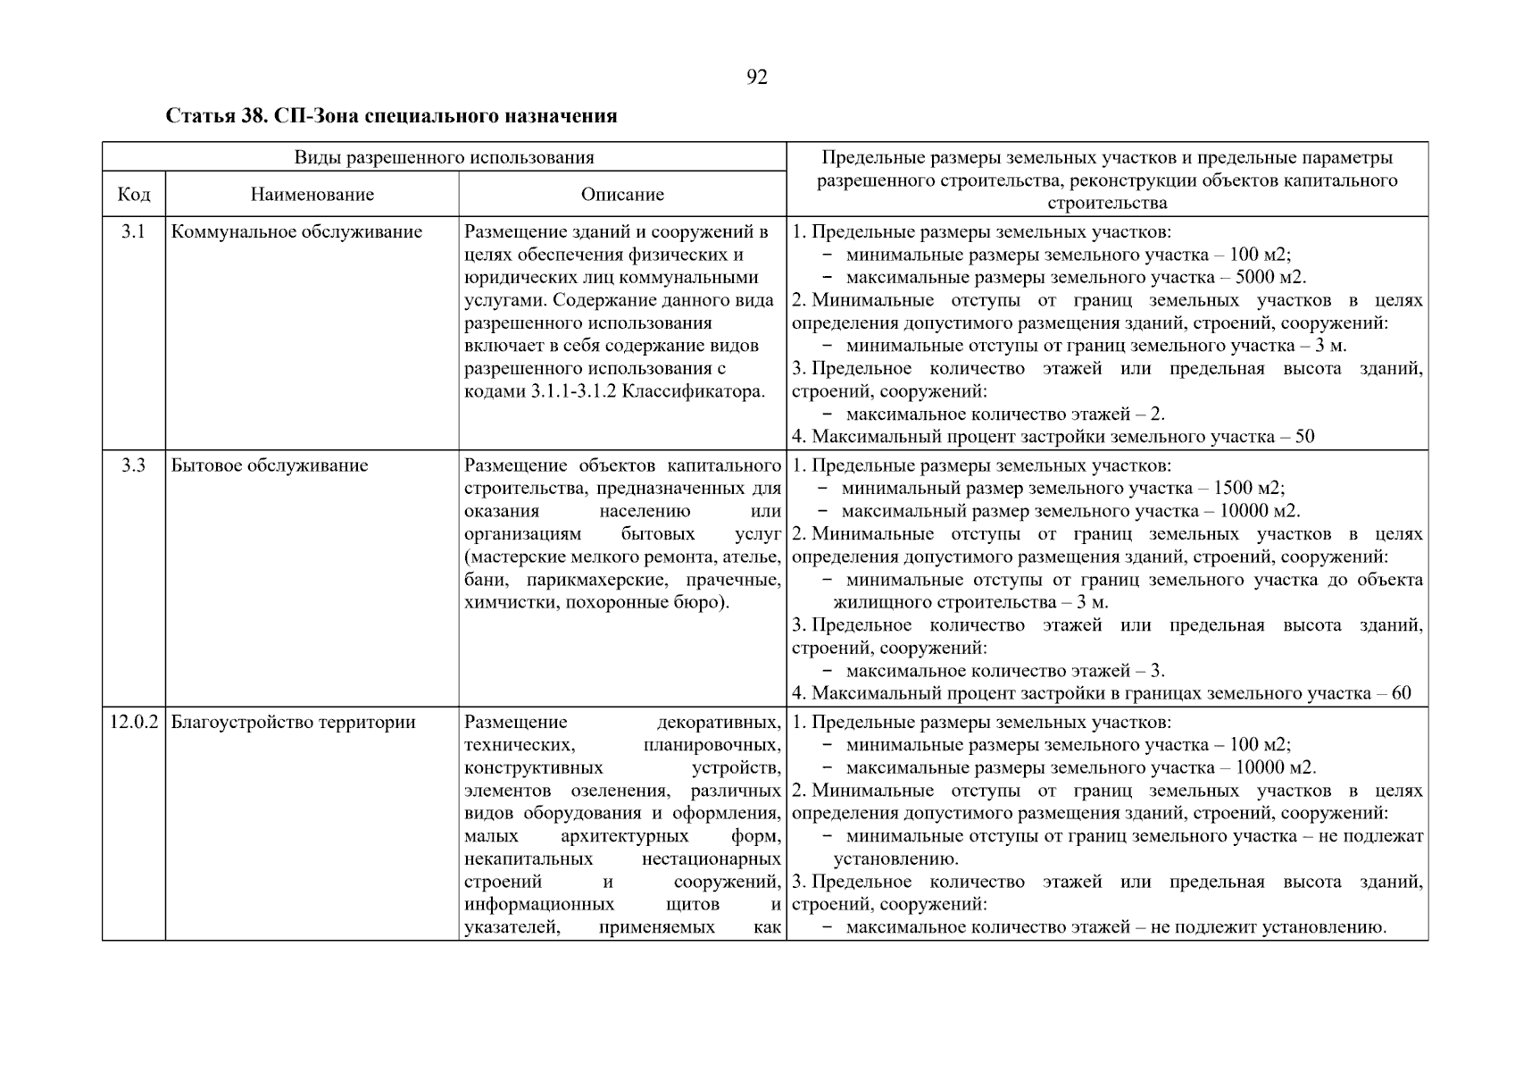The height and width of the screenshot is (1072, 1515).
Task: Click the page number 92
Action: tap(756, 78)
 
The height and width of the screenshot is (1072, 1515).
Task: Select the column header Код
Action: tap(134, 194)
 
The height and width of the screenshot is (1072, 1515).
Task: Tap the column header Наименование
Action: tap(312, 194)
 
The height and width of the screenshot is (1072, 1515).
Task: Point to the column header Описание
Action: tap(622, 194)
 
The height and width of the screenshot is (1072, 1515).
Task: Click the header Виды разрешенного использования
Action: tap(444, 157)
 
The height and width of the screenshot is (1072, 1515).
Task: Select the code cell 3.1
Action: tap(134, 232)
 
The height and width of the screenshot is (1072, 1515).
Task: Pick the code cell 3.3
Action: tap(134, 465)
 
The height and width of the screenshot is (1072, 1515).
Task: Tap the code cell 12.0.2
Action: tap(134, 722)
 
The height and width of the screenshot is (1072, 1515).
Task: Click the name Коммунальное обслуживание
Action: tap(296, 232)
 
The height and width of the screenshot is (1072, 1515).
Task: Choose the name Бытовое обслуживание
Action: tap(269, 465)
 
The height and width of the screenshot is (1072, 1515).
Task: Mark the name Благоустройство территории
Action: tap(293, 722)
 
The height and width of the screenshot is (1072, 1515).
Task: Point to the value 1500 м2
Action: tap(1248, 489)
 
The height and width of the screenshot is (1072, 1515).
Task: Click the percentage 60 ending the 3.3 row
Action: tap(1401, 693)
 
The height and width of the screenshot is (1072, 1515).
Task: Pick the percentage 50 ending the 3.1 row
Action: tap(1304, 437)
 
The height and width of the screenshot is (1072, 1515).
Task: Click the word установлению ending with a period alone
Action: tap(895, 859)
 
